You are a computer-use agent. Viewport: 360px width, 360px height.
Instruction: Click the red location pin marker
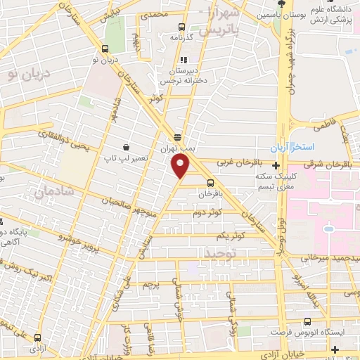pos(181,167)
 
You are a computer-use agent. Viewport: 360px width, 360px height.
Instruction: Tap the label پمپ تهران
pos(178,149)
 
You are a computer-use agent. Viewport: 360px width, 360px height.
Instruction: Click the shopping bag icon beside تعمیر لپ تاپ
pos(125,148)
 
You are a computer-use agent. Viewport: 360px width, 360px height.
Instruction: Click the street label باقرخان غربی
pos(233,162)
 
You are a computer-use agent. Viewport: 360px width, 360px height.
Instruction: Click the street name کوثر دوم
pos(210,211)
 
